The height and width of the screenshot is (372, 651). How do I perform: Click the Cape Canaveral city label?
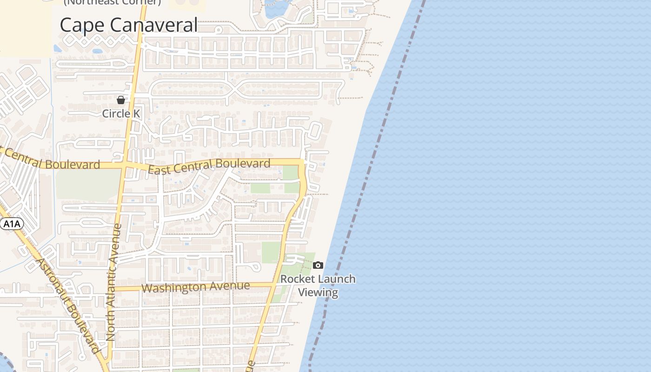129,25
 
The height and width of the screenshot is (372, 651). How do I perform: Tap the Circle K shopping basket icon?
121,100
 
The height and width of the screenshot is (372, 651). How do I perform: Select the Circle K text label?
121,113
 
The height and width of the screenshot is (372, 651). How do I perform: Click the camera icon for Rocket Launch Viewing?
318,266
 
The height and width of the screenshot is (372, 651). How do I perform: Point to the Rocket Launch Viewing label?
318,286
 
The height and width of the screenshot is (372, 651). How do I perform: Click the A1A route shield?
12,224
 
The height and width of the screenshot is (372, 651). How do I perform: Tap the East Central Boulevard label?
209,166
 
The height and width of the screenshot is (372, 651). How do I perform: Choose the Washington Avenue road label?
195,287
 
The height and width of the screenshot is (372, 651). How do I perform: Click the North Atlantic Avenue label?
113,283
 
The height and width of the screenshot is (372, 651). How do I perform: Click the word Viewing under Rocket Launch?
318,292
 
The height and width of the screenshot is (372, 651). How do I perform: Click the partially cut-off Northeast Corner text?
112,2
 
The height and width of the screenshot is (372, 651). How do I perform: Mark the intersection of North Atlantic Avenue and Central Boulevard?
124,166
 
